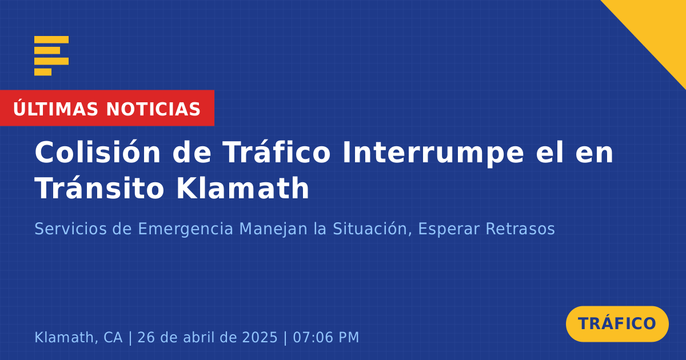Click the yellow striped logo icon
click(x=51, y=56)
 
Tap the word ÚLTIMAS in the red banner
click(x=55, y=109)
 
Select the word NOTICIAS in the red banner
click(x=153, y=109)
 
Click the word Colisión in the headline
click(x=97, y=152)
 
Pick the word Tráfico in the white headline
click(x=277, y=151)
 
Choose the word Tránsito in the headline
click(x=99, y=187)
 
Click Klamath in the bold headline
click(x=242, y=187)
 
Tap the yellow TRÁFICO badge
click(x=617, y=323)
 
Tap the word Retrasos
click(x=520, y=229)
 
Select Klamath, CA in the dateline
click(x=78, y=337)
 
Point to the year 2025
click(x=260, y=337)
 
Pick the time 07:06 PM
click(x=326, y=337)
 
